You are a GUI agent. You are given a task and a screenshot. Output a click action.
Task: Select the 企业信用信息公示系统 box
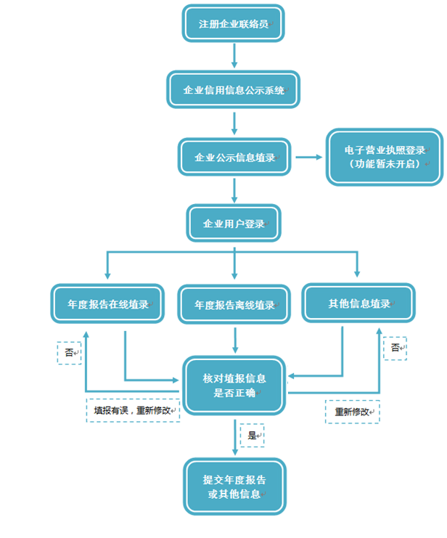[233, 90]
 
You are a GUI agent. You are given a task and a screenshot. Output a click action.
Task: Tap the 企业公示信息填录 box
[234, 157]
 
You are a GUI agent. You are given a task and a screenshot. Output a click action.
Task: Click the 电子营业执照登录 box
[384, 156]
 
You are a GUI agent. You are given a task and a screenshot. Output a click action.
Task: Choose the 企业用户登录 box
[234, 224]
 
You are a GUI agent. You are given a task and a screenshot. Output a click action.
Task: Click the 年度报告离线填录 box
[234, 304]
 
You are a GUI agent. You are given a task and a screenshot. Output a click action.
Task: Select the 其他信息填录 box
[358, 303]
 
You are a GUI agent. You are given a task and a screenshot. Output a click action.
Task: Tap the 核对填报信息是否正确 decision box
[234, 385]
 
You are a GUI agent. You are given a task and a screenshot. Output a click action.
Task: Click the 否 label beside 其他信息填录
[395, 348]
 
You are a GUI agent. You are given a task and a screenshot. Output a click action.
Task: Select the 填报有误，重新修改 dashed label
[133, 410]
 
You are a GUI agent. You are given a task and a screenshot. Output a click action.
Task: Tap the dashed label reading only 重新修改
[352, 412]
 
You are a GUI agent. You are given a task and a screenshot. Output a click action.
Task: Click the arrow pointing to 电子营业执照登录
[309, 157]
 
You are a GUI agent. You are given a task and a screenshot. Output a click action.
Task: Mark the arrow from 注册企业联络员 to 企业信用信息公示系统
[234, 56]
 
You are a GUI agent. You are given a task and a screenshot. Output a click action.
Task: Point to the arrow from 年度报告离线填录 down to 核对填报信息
[234, 340]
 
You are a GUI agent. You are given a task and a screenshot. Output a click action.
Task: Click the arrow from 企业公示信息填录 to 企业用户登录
[234, 190]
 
